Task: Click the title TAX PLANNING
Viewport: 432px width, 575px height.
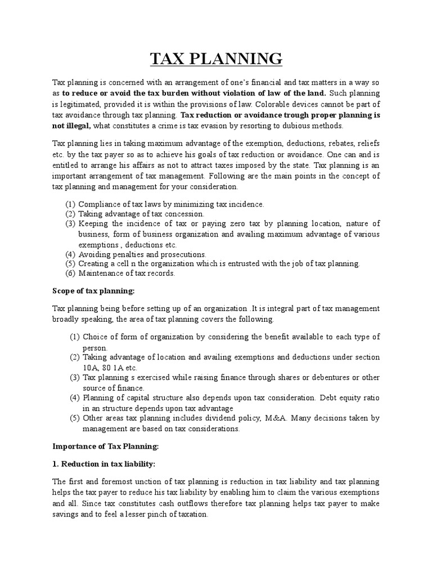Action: tap(216, 59)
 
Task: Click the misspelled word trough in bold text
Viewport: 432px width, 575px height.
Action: tap(287, 115)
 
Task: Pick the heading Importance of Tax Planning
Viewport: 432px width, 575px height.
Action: tap(106, 446)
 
